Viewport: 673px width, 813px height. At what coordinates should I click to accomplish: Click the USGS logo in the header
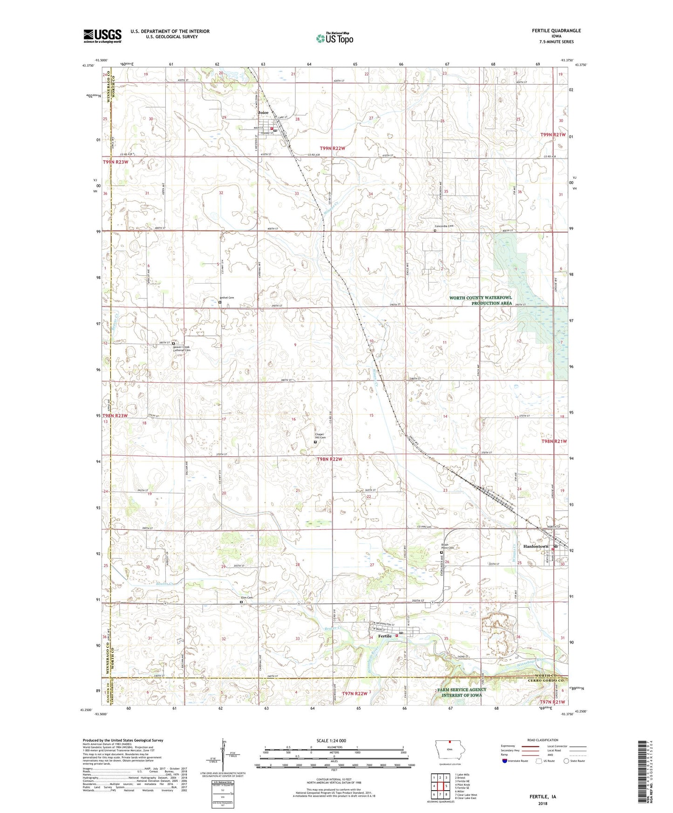102,36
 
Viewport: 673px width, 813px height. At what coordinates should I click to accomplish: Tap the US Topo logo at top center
334,38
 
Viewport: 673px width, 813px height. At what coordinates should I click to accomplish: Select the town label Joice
263,113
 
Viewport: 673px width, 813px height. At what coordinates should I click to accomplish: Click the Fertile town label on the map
385,636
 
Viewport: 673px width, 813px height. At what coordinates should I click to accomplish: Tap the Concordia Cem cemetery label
444,226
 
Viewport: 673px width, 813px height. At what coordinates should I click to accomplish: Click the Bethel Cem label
227,298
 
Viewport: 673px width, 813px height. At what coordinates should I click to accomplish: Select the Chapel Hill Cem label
320,436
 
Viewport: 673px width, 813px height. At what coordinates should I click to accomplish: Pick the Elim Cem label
246,597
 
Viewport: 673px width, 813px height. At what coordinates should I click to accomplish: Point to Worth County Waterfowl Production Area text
480,300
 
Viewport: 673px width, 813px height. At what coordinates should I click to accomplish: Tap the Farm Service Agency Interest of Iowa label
462,692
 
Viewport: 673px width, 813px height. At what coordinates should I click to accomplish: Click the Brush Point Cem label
448,546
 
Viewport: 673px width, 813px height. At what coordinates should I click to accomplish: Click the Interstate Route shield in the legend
505,761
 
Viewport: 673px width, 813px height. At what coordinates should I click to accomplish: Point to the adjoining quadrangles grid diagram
440,786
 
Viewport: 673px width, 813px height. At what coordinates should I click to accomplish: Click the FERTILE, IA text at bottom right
542,797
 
